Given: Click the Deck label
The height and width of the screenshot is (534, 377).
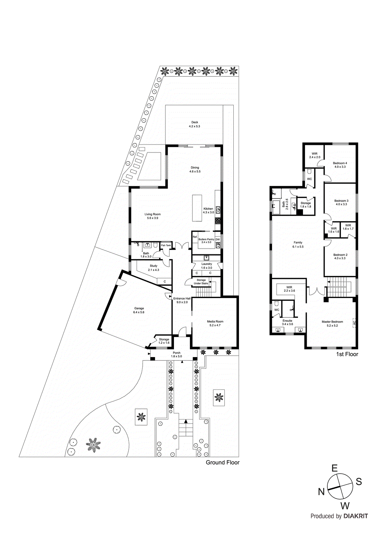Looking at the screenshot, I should pyautogui.click(x=195, y=122).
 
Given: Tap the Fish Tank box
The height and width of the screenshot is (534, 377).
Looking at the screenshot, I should pyautogui.click(x=166, y=245).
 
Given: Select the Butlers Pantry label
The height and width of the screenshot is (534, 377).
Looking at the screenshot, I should pyautogui.click(x=206, y=239).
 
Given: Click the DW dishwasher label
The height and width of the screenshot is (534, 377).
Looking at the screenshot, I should pyautogui.click(x=217, y=239).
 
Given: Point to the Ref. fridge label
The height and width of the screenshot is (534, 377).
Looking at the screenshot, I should pyautogui.click(x=195, y=237).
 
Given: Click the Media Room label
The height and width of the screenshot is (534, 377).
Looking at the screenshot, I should pyautogui.click(x=215, y=321).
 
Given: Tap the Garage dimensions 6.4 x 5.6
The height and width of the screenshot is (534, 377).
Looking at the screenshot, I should pyautogui.click(x=139, y=312).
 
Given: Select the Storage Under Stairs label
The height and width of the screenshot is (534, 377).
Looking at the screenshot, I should pyautogui.click(x=201, y=282).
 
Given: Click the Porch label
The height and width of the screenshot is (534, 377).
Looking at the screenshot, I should pyautogui.click(x=176, y=353).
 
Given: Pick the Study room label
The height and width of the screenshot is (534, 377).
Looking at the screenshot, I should pyautogui.click(x=153, y=266).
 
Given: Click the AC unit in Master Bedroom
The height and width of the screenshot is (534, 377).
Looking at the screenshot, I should pyautogui.click(x=354, y=323).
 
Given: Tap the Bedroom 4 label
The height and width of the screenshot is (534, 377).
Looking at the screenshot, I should pyautogui.click(x=340, y=163).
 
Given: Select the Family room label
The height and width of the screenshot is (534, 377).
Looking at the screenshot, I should pyautogui.click(x=298, y=243).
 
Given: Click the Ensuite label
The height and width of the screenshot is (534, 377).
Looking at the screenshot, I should pyautogui.click(x=287, y=320).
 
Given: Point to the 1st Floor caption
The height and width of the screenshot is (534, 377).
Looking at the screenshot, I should pyautogui.click(x=347, y=354).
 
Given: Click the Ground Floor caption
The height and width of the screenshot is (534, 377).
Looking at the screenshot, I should pyautogui.click(x=222, y=462).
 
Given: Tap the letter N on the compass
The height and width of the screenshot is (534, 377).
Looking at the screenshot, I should pyautogui.click(x=321, y=492).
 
